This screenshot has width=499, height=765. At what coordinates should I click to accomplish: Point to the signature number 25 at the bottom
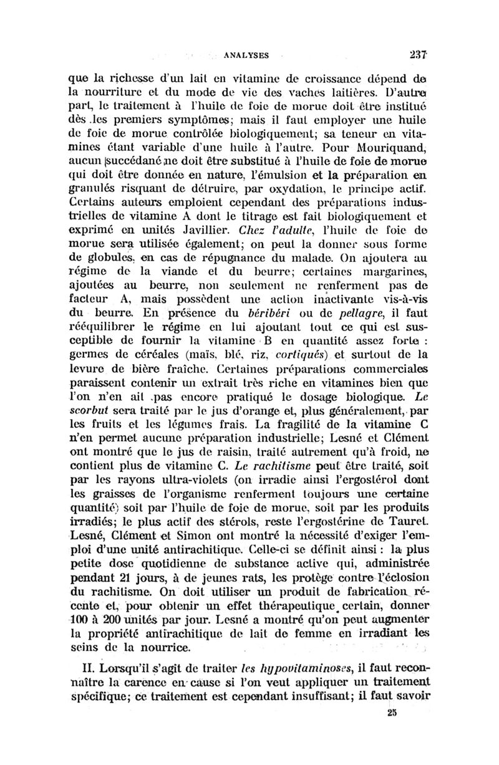(x=392, y=747)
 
